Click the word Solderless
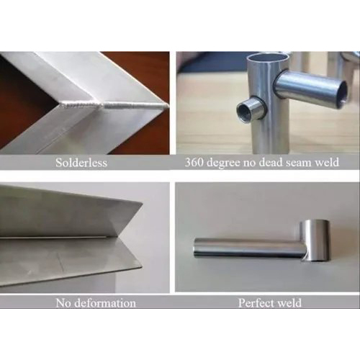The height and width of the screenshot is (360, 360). point(81,163)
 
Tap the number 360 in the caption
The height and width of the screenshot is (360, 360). point(194,163)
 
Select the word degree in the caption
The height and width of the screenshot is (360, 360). point(223,163)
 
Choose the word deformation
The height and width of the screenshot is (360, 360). point(105,303)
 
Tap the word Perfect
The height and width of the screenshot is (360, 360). point(256,303)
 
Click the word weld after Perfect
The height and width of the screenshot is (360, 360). point(289,303)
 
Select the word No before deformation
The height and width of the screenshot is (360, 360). point(63,303)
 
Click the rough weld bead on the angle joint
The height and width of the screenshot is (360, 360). point(114,105)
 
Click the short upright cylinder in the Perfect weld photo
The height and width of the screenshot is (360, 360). point(315,240)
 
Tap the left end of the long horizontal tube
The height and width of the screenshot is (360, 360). point(195,247)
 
